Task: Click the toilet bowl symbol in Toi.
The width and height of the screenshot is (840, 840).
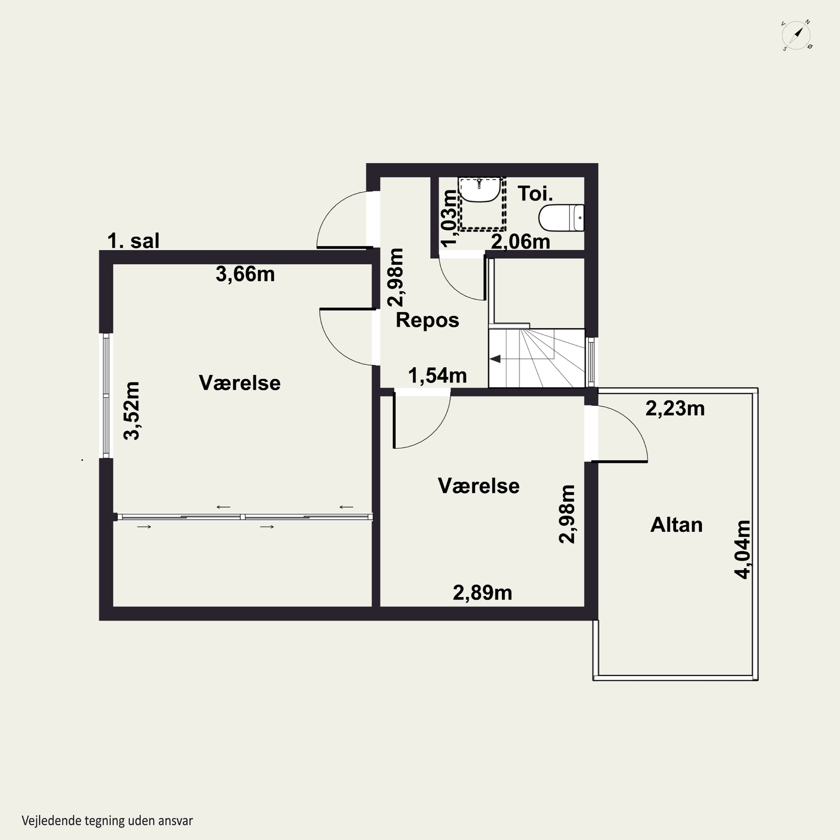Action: coord(561,218)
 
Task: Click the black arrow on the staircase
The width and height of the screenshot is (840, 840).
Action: coord(495,359)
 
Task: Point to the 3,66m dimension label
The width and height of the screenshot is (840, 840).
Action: coord(245,274)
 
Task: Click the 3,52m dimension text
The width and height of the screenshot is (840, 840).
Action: coord(132,411)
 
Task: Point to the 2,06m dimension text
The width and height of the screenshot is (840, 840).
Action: coord(521,241)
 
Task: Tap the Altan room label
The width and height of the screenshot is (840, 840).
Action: coord(676,525)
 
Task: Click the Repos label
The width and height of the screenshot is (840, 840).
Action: coord(427,320)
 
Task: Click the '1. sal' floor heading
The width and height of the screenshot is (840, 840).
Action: coord(134,241)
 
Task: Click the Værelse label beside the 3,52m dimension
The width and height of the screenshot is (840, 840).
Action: coord(240,383)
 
